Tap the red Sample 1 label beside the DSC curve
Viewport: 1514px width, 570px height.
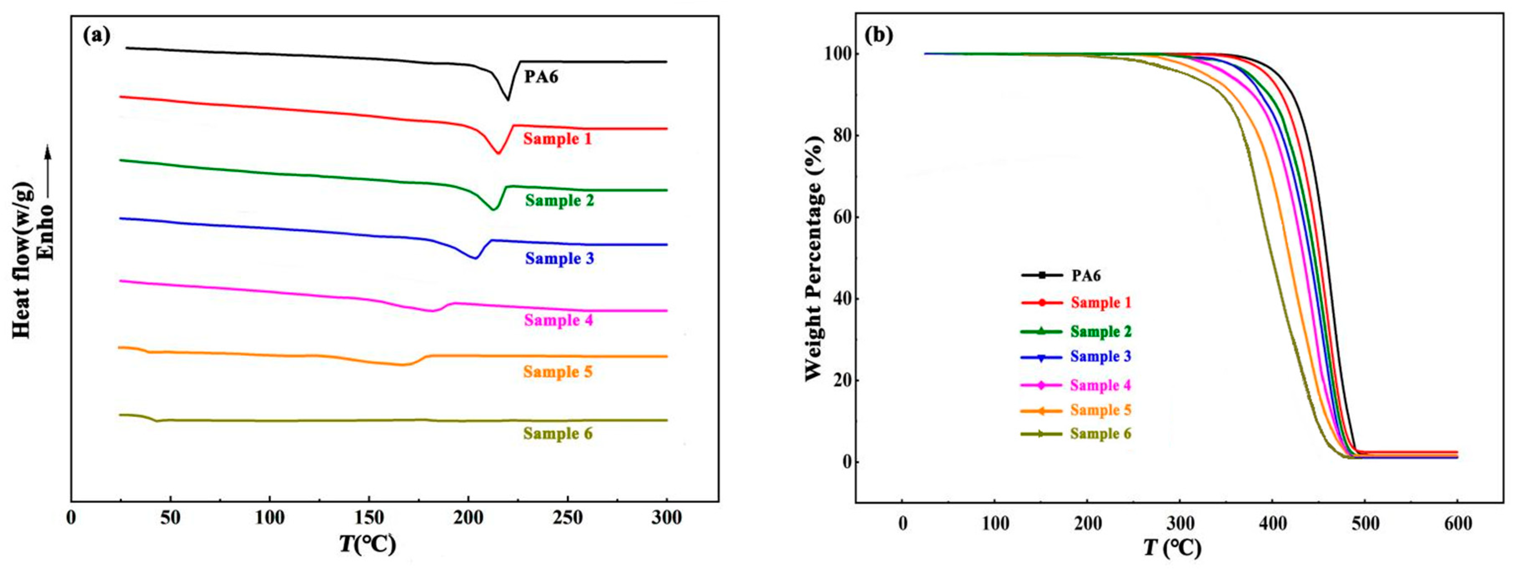point(557,139)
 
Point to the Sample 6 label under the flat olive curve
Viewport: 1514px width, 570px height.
point(558,434)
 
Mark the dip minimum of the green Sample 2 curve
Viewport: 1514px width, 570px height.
point(493,209)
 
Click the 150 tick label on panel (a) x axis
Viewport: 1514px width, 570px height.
point(368,519)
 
